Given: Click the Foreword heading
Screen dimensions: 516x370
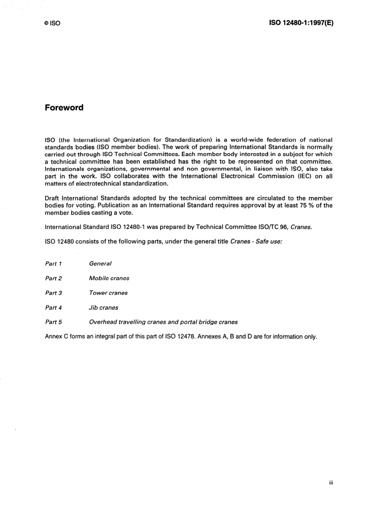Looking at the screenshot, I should (x=64, y=108).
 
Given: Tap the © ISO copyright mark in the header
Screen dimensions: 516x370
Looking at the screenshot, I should (x=52, y=23).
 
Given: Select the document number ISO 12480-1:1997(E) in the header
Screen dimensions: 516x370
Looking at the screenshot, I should (x=301, y=23).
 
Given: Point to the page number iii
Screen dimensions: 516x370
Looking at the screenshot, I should (x=331, y=483).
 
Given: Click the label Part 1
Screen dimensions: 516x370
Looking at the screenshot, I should (x=53, y=264).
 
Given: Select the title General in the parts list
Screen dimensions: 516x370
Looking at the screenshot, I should (x=100, y=264).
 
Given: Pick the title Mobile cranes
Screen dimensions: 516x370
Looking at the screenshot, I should (x=109, y=278).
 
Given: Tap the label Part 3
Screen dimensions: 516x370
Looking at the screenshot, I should (x=53, y=293).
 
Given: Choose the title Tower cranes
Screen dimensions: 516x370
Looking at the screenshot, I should (x=108, y=293).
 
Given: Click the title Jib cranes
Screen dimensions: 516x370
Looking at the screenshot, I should (x=104, y=308).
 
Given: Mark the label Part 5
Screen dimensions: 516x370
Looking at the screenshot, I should (x=53, y=322).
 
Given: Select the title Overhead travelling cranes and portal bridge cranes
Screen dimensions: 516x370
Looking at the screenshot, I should (x=163, y=322).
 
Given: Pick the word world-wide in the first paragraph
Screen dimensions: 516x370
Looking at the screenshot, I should (x=247, y=140).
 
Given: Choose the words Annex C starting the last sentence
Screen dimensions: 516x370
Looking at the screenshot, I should (x=57, y=337).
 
